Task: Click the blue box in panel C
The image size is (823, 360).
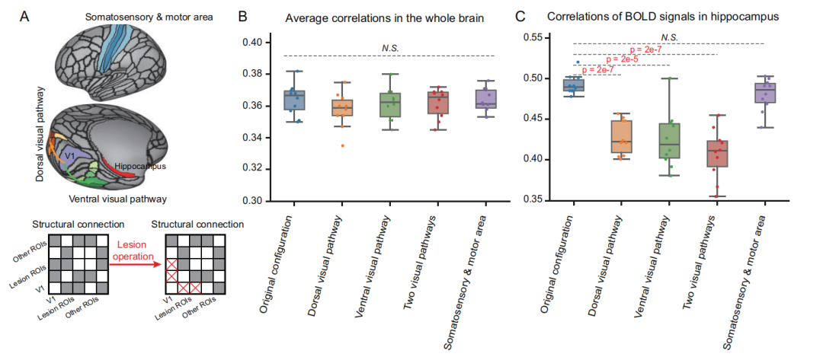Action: coord(574,85)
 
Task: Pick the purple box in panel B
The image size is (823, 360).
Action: coord(486,99)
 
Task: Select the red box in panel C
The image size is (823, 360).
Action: coord(717,154)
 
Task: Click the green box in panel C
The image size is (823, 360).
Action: coord(669,141)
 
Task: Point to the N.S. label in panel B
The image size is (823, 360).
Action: coord(390,49)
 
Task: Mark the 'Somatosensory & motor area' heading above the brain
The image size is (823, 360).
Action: coord(149,18)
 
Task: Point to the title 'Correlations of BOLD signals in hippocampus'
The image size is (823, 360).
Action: coord(662,17)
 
